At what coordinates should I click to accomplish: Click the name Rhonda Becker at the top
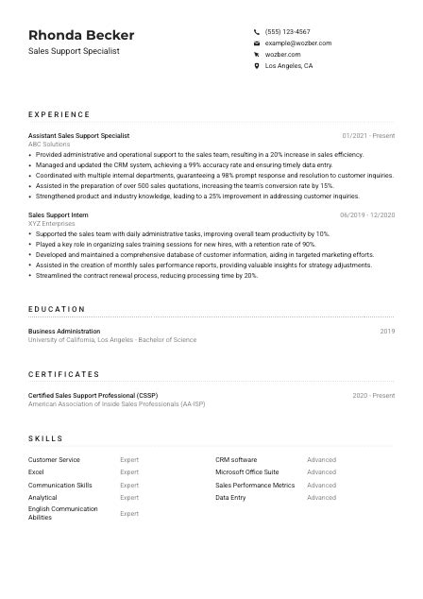coord(81,35)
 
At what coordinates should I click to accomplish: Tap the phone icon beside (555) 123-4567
coord(257,32)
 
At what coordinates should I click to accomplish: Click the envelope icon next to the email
coord(257,43)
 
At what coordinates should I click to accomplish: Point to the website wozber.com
coord(283,55)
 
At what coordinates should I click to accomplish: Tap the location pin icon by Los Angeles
coord(257,66)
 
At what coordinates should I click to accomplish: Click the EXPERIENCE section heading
coord(59,114)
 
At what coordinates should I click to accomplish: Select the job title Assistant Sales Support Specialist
coord(78,136)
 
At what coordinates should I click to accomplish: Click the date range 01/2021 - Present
coord(368,136)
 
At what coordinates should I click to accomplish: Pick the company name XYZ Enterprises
coord(50,224)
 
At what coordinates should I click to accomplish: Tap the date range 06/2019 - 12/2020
coord(367,215)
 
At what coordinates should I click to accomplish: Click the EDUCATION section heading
coord(57,309)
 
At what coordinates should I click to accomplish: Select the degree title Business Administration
coord(64,332)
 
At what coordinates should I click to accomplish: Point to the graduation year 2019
coord(387,332)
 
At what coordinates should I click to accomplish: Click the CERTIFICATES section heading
coord(64,374)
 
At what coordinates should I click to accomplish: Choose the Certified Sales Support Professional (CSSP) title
coord(93,396)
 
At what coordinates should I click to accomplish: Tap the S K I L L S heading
coord(46,438)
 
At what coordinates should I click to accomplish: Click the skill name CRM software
coord(236,459)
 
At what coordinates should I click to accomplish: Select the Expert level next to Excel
coord(129,471)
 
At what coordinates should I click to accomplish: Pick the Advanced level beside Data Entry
coord(321,497)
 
